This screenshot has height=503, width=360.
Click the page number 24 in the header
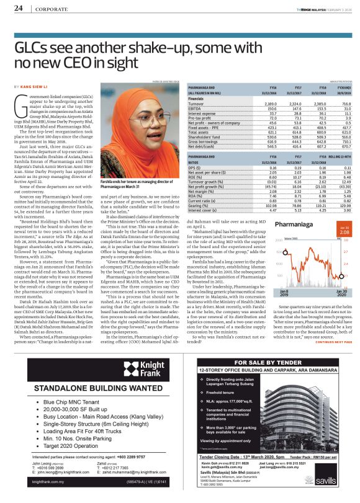[x=18, y=7]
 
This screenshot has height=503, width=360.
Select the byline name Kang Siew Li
[x=37, y=86]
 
